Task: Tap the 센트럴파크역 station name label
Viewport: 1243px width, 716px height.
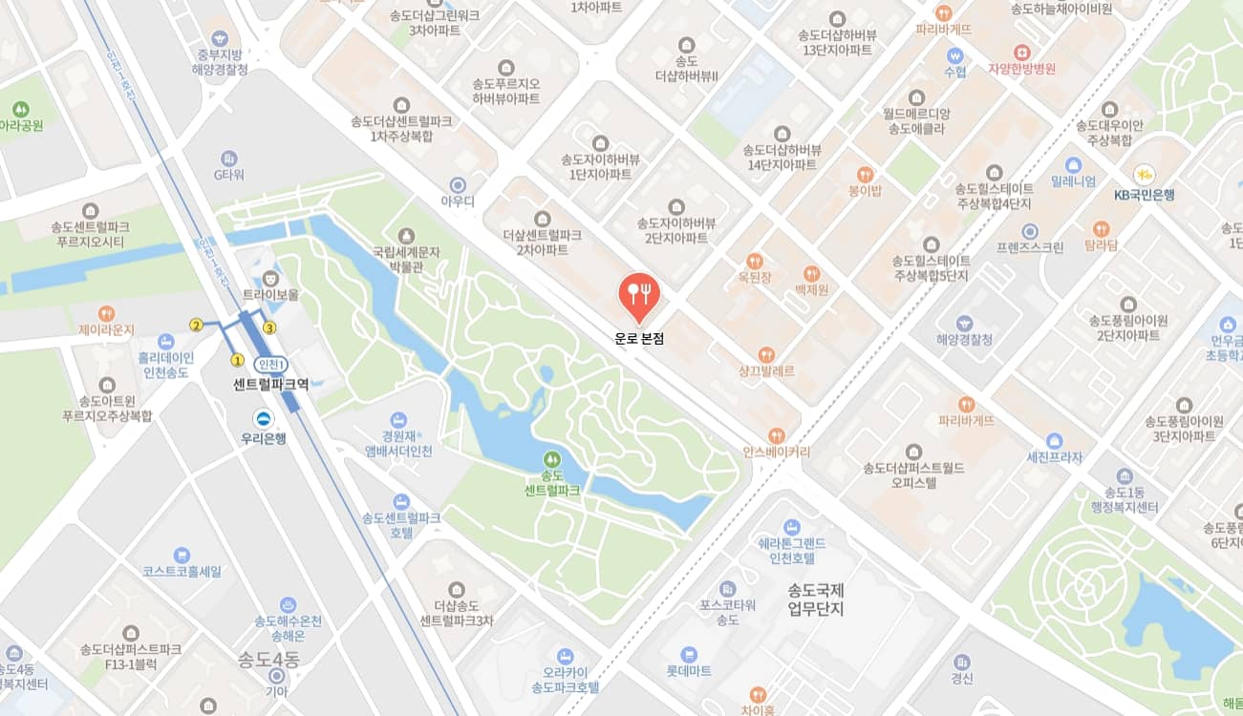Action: point(271,385)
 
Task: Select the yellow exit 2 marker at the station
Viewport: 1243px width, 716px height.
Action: point(196,325)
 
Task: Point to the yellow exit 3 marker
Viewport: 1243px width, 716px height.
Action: point(269,328)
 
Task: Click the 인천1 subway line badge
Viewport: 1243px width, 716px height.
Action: point(271,365)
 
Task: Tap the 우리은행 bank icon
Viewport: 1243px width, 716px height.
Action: point(264,418)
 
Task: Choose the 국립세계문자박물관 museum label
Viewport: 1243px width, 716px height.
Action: point(406,260)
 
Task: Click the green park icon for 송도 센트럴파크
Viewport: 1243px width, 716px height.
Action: point(551,459)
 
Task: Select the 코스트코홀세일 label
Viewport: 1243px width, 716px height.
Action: point(182,571)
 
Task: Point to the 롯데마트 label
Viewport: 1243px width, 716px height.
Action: point(689,671)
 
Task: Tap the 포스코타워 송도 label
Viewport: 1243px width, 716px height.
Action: point(728,612)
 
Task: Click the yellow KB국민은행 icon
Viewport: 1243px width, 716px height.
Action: point(1144,175)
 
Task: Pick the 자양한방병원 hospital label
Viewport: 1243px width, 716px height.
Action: point(1021,69)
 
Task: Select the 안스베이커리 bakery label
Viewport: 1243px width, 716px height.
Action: point(776,452)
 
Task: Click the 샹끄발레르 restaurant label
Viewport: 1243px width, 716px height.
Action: point(766,370)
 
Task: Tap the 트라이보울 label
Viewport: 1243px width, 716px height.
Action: point(270,295)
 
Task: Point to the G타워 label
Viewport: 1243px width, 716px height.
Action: point(229,175)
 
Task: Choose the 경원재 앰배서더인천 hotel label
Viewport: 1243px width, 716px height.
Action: point(398,443)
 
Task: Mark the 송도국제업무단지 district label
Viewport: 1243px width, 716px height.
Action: point(816,600)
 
